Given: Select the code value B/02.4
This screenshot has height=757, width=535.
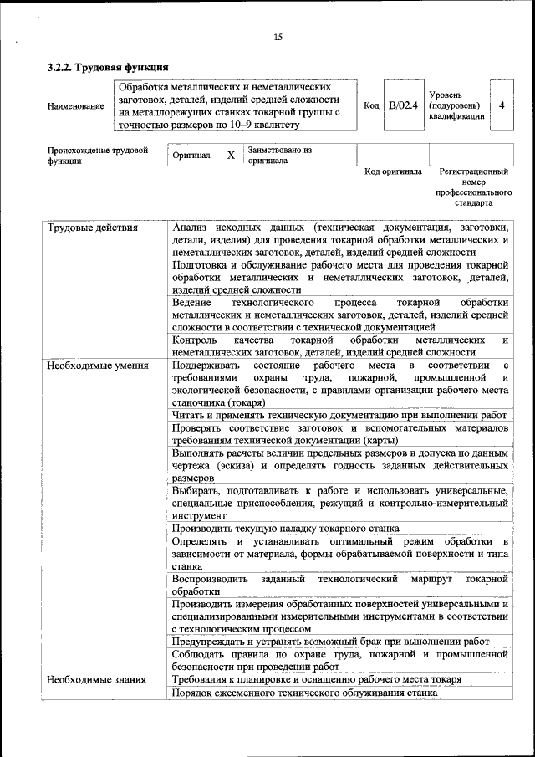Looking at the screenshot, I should [403, 105].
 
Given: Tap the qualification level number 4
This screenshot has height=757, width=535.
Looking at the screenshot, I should [502, 105].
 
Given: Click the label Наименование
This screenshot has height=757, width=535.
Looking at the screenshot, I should [76, 106].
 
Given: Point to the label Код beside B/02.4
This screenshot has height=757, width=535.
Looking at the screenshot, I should [372, 105].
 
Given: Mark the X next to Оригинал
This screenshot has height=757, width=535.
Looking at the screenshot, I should [231, 156].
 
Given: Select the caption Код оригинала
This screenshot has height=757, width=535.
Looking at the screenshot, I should [393, 172].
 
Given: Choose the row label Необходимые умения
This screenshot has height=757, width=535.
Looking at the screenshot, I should [98, 366].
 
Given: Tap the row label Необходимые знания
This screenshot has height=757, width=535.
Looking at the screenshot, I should [97, 680].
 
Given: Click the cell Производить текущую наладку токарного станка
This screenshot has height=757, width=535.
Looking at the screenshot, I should [285, 528].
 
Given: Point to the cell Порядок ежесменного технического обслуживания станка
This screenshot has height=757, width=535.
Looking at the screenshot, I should [304, 693].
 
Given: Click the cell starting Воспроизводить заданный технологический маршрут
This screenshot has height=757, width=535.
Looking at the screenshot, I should [340, 585].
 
